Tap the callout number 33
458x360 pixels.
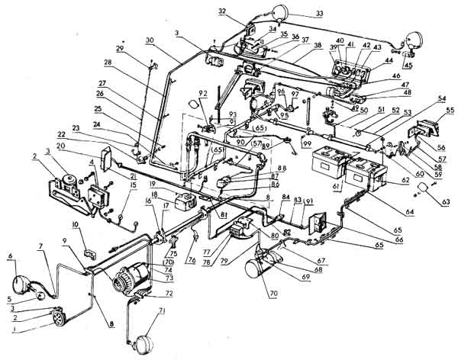(x=298, y=13)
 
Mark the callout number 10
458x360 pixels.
(x=75, y=226)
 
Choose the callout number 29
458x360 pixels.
(x=120, y=49)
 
